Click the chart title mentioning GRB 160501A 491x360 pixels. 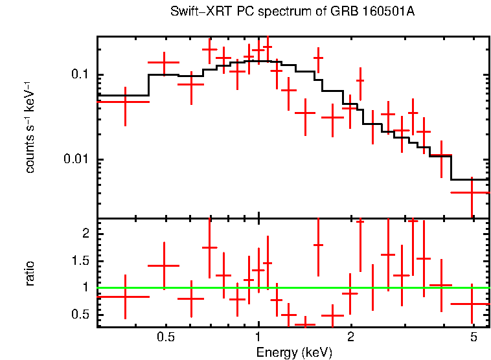pos(292,12)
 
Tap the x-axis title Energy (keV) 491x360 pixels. pos(293,352)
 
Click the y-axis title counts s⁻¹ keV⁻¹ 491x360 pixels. pos(30,126)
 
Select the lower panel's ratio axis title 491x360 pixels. pos(30,273)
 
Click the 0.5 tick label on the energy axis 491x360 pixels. pos(166,337)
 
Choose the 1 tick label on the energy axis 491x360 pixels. pos(258,337)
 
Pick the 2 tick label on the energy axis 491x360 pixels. pos(350,337)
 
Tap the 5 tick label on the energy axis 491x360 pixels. pos(472,337)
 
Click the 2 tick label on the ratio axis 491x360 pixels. pos(86,233)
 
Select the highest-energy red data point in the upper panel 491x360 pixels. pos(472,192)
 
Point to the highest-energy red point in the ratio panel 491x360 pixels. pos(472,304)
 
